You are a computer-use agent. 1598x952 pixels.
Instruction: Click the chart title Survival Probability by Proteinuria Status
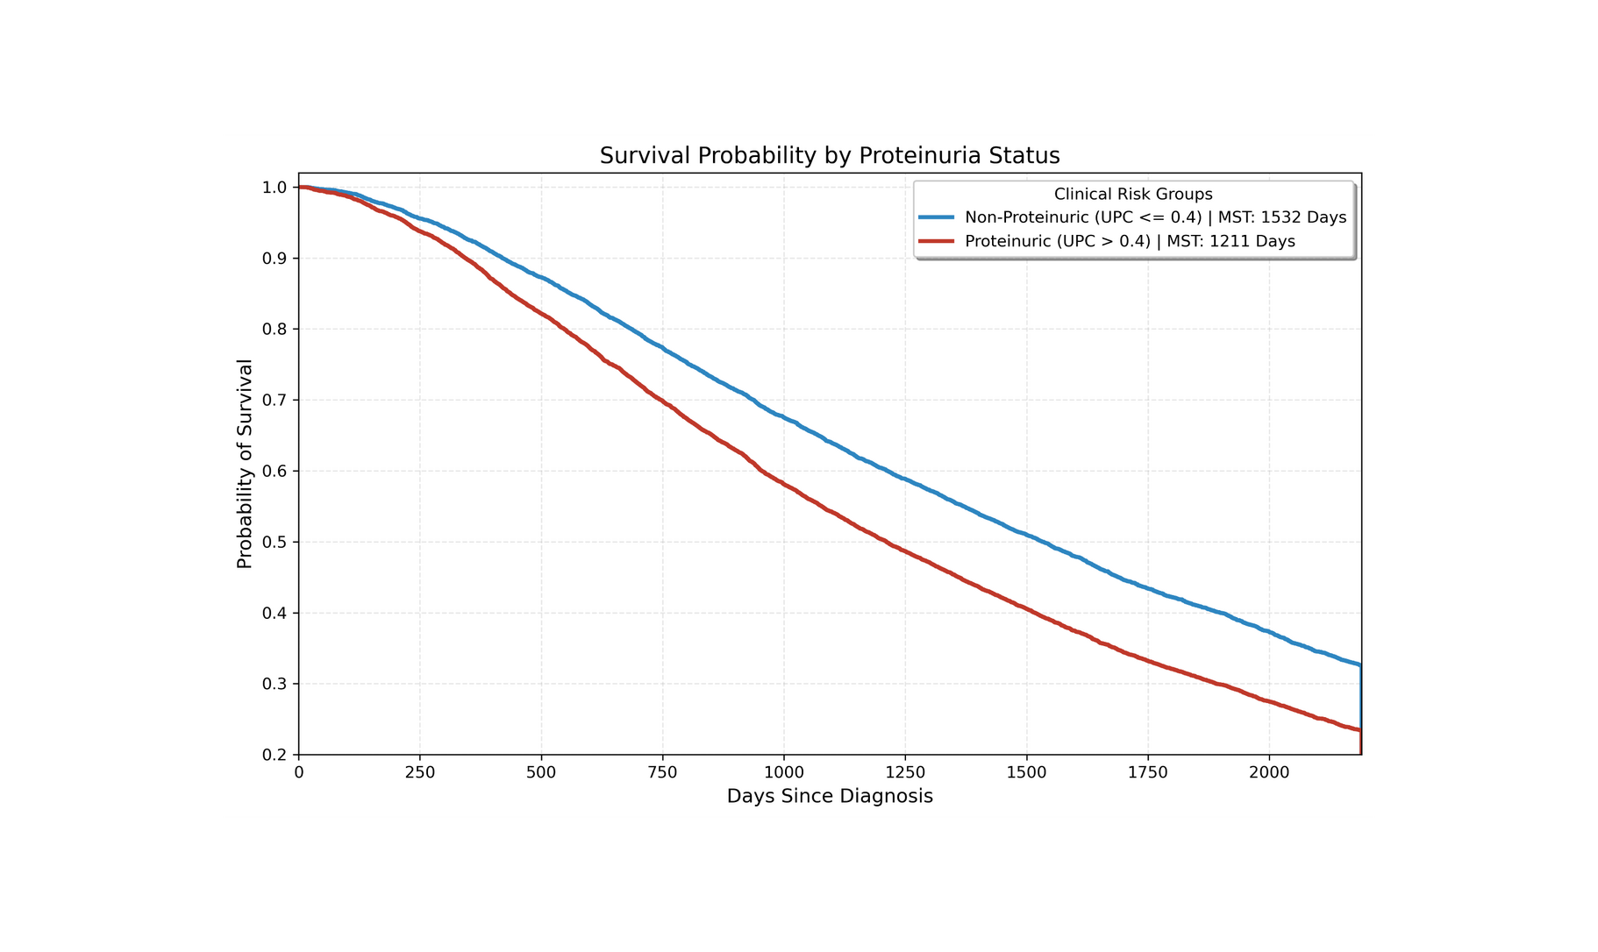click(830, 156)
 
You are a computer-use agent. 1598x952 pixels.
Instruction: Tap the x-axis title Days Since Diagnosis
click(830, 796)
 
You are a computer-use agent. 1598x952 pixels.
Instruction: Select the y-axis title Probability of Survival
click(245, 464)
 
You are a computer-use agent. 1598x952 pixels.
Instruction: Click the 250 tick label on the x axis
click(420, 772)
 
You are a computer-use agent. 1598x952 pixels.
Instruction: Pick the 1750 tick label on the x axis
click(1147, 772)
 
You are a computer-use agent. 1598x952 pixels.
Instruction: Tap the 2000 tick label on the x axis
click(1268, 772)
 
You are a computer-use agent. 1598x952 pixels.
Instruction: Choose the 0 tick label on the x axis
click(299, 772)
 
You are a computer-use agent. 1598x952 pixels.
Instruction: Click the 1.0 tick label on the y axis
click(275, 188)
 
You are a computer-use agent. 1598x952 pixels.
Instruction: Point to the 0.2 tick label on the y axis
click(275, 755)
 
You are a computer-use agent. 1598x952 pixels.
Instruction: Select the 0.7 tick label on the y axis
click(275, 401)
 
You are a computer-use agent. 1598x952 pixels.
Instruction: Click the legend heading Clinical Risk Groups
click(1133, 195)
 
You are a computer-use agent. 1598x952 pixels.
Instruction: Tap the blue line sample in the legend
click(936, 217)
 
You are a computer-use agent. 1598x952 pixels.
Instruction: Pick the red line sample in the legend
click(936, 241)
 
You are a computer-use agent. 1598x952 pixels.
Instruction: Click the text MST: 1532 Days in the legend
click(1281, 217)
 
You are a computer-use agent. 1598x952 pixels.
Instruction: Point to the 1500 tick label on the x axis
click(1026, 772)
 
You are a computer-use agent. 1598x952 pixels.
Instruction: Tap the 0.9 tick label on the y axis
click(275, 259)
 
